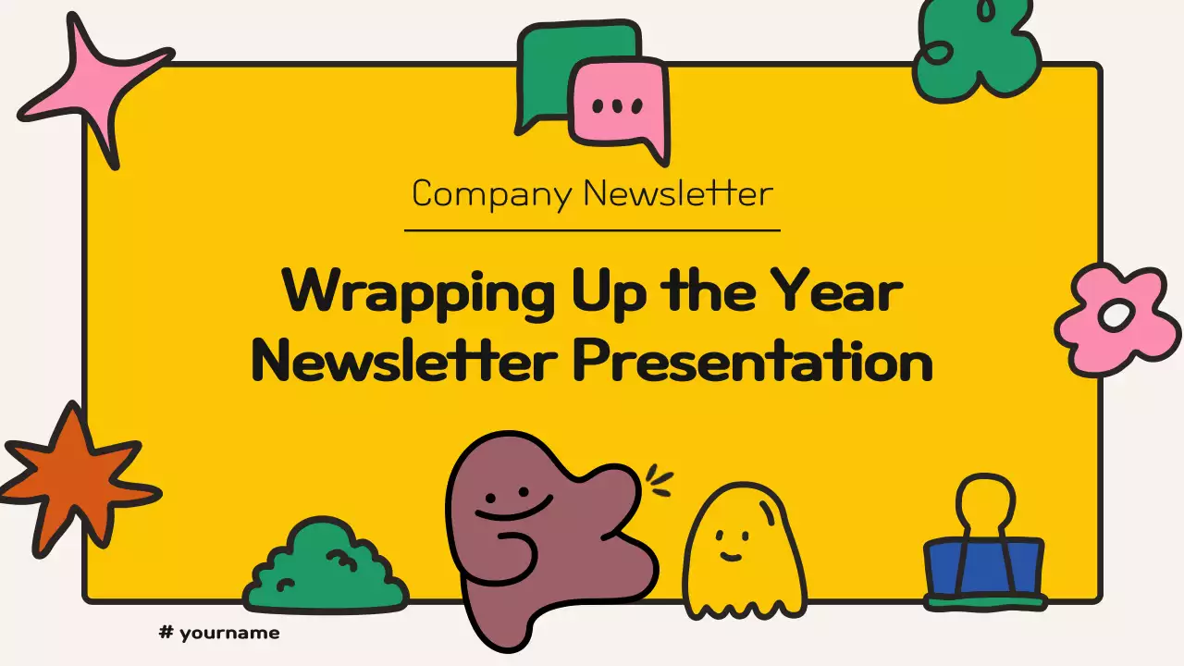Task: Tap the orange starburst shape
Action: tap(77, 484)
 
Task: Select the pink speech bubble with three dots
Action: tap(620, 108)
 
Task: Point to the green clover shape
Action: tap(978, 50)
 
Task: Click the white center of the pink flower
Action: tap(1116, 315)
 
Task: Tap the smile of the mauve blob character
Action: tap(512, 509)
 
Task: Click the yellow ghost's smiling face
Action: tap(732, 545)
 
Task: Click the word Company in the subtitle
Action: tap(491, 194)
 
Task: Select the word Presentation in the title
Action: tap(754, 361)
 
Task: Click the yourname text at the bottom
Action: tap(229, 634)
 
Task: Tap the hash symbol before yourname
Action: tap(166, 632)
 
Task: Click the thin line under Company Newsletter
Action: tap(592, 230)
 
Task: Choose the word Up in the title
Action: tap(609, 292)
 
